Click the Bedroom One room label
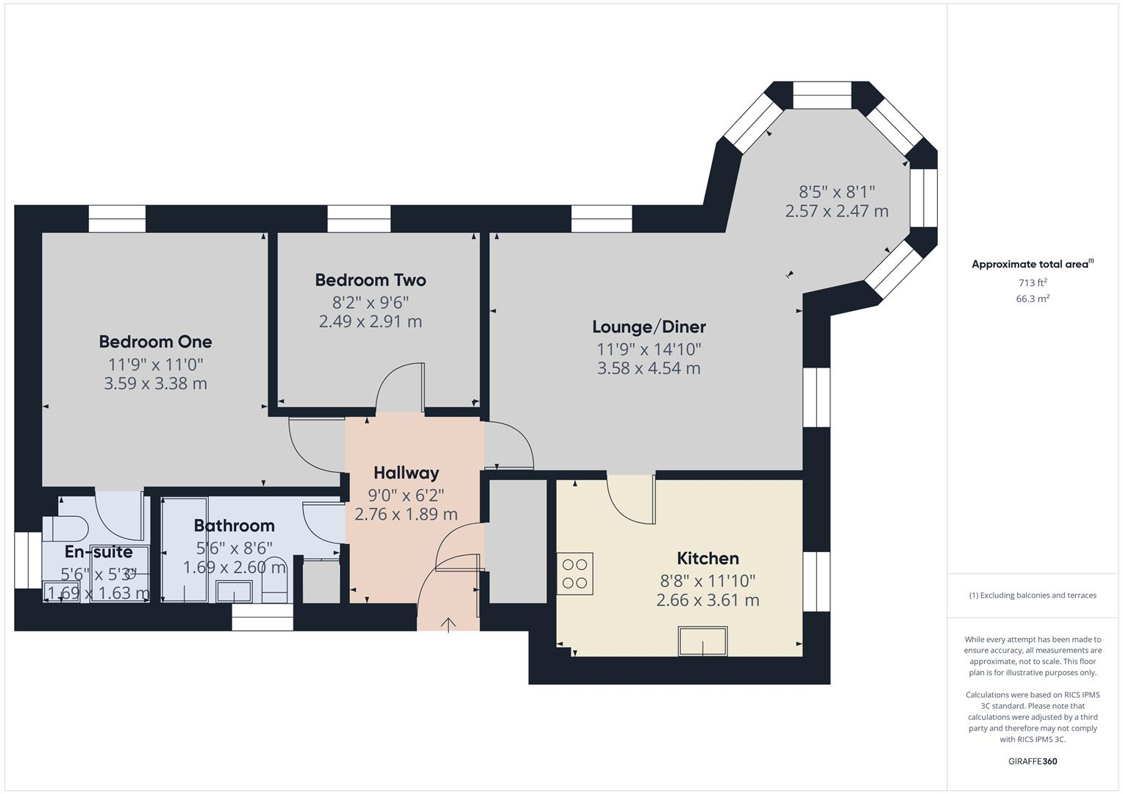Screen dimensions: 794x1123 point(155,342)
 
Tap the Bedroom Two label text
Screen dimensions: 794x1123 point(370,280)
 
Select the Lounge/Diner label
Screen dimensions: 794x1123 point(649,327)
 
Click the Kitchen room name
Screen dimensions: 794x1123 point(707,558)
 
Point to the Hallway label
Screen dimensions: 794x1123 point(406,473)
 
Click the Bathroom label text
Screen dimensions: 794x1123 point(234,526)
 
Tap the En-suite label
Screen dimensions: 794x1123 point(99,552)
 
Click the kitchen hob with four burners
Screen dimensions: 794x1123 point(574,573)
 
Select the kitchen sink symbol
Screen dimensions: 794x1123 point(702,641)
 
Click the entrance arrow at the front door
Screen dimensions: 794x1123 point(448,624)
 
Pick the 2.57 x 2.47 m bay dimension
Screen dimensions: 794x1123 point(836,211)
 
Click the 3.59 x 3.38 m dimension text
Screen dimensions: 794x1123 point(155,383)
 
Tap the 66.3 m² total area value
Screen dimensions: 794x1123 point(1032,298)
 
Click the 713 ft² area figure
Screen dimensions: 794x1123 point(1032,283)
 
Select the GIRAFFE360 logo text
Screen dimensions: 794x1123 point(1032,761)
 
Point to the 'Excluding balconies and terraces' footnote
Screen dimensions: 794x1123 point(1032,595)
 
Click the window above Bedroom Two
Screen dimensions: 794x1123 point(359,218)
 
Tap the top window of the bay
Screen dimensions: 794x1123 point(822,96)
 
